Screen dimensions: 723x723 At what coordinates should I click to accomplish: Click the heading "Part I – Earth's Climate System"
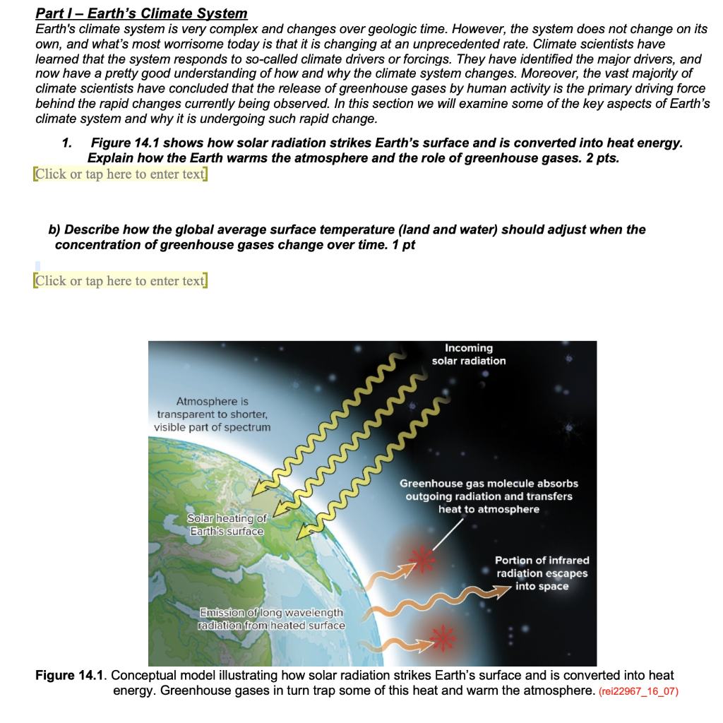pyautogui.click(x=141, y=13)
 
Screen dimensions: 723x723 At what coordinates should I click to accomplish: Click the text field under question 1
pyautogui.click(x=120, y=174)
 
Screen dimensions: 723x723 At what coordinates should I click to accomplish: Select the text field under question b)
pyautogui.click(x=120, y=280)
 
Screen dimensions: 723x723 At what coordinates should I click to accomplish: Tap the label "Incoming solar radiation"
pyautogui.click(x=469, y=354)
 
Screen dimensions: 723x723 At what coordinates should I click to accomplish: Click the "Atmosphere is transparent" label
pyautogui.click(x=212, y=414)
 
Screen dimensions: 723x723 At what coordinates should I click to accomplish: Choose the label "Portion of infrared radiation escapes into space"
pyautogui.click(x=542, y=573)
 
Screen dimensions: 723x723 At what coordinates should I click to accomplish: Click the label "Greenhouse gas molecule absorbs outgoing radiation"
pyautogui.click(x=489, y=496)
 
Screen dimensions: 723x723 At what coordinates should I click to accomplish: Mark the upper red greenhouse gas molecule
pyautogui.click(x=424, y=558)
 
